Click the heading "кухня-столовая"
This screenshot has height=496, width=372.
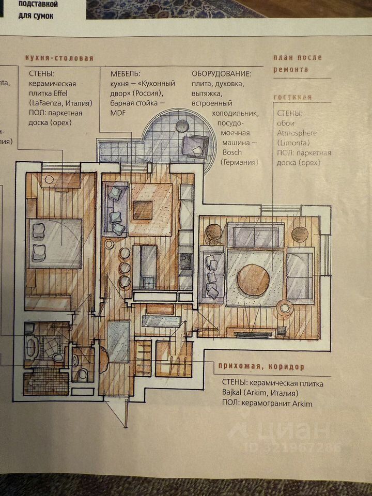59,58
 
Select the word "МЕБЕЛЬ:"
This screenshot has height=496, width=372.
126,74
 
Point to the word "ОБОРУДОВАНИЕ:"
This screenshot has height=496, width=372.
222,74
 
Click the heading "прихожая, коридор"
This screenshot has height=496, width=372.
261,367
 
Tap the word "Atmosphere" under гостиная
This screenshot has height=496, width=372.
297,132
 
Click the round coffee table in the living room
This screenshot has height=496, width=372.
253,280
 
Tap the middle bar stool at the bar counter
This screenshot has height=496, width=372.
125,267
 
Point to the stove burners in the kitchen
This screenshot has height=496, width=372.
185,261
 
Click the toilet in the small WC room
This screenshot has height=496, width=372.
81,374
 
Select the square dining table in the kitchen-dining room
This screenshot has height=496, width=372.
143,210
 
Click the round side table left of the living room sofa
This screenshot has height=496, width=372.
213,234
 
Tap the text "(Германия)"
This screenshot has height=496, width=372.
239,162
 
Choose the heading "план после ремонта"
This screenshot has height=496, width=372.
297,63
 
